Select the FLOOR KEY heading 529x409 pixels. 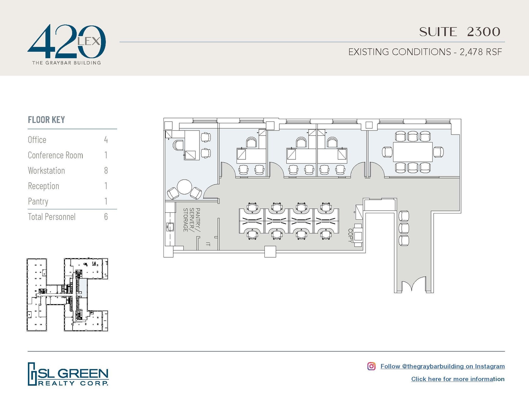point(46,120)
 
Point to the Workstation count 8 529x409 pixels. point(106,171)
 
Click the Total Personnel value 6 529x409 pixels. point(106,217)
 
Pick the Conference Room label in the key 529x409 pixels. point(55,155)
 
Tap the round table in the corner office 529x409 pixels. point(184,187)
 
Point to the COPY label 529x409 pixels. point(350,235)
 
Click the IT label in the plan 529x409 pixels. point(208,244)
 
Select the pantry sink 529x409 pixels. point(170,227)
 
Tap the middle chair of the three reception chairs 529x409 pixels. point(404,228)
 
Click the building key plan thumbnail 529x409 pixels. point(67,295)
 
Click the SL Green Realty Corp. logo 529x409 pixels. point(68,374)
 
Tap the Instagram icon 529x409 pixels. point(371,366)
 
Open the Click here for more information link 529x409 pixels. point(458,379)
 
